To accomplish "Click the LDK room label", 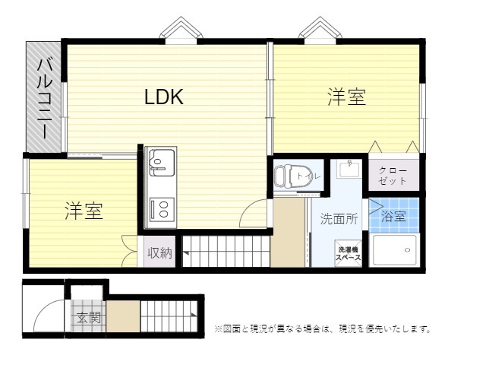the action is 164,97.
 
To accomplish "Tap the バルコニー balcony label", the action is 44,98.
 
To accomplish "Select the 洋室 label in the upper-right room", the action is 346,97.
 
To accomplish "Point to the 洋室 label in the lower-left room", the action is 84,211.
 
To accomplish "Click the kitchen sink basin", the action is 162,163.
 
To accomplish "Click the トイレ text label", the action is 309,176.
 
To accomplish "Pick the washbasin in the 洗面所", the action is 349,169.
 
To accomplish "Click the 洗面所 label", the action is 339,218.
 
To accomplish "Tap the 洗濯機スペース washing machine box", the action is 349,253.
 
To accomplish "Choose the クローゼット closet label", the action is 393,176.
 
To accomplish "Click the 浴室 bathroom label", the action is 393,216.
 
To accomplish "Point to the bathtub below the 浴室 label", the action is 395,250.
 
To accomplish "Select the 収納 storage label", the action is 159,253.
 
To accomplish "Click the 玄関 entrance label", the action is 89,318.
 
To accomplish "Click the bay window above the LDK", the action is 181,30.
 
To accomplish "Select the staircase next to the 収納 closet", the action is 226,251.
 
